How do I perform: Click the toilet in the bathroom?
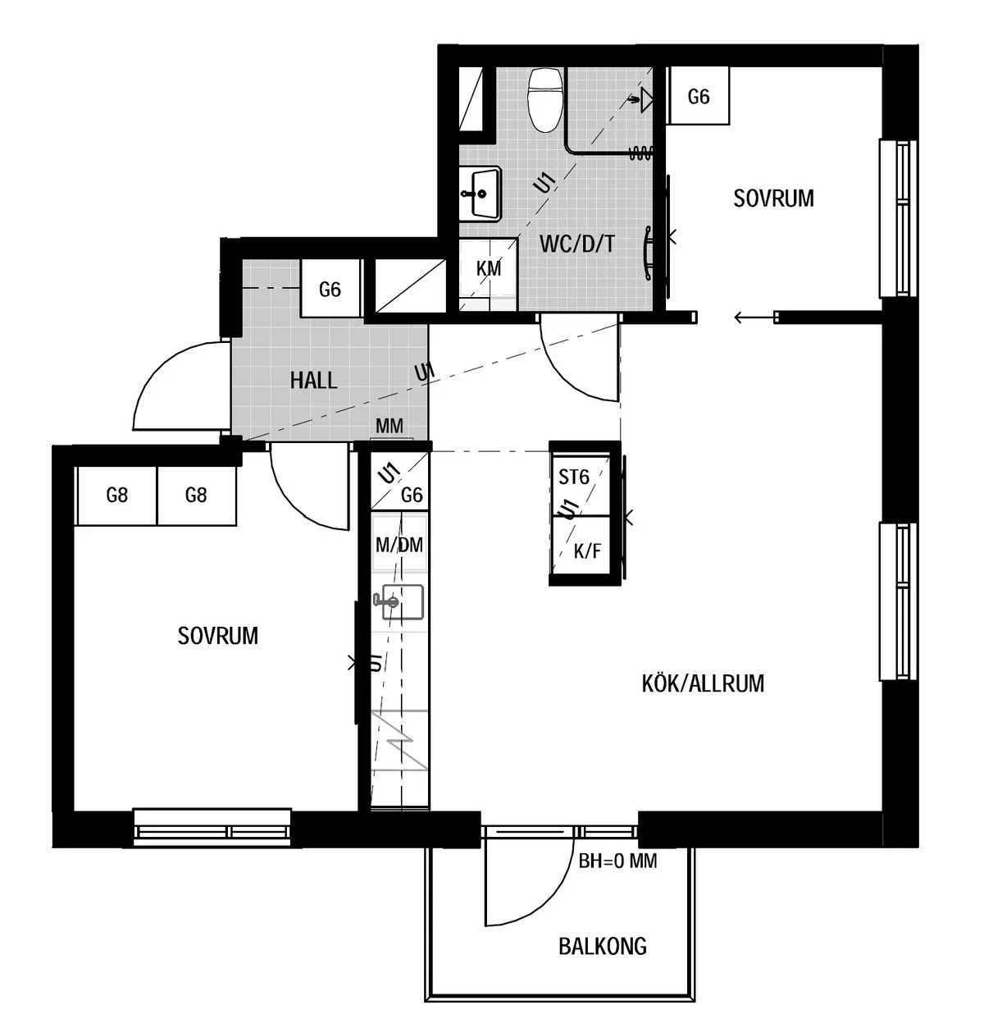[545, 100]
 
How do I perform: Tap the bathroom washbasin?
[480, 194]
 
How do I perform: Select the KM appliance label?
[488, 269]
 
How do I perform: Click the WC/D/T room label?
[577, 244]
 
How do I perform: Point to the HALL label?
[313, 381]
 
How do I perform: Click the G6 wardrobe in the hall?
[330, 289]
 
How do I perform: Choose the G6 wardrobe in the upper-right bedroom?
[698, 96]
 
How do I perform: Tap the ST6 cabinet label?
[573, 477]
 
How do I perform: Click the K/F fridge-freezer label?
[588, 551]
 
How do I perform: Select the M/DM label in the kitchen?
[399, 545]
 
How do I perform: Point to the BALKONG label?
[603, 946]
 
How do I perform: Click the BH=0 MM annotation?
[617, 861]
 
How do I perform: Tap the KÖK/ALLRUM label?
[703, 683]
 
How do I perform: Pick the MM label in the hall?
[389, 426]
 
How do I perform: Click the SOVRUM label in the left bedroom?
[217, 636]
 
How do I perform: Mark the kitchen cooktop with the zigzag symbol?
[399, 739]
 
